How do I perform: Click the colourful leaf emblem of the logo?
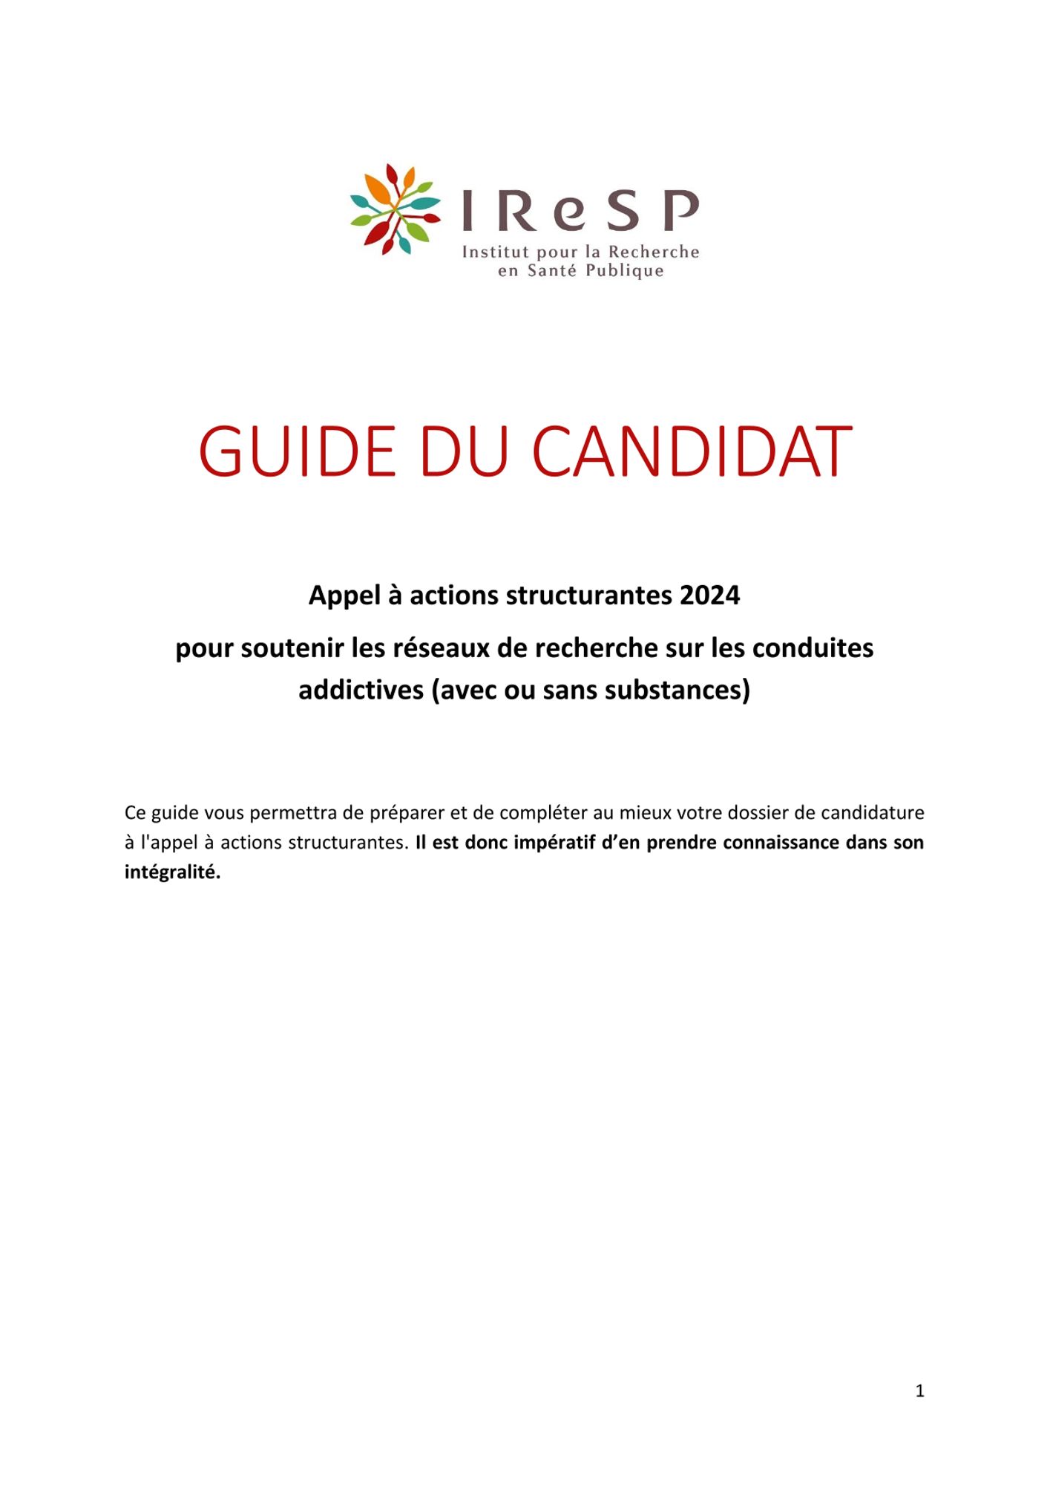[x=395, y=209]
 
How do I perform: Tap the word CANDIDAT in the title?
[x=692, y=451]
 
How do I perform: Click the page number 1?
[x=919, y=1391]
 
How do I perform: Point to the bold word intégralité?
[x=172, y=872]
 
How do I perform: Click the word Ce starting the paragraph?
[x=134, y=813]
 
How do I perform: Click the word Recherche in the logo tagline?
[x=654, y=252]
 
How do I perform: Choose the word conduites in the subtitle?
[x=813, y=648]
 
